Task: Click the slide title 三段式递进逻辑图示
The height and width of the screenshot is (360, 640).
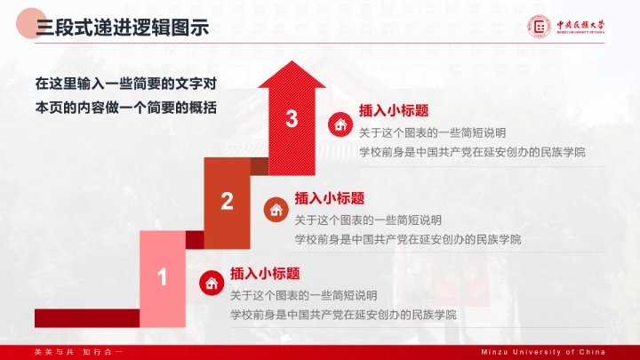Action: pyautogui.click(x=123, y=28)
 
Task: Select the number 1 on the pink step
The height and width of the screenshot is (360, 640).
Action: pyautogui.click(x=162, y=278)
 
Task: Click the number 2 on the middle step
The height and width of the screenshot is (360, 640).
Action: pyautogui.click(x=227, y=202)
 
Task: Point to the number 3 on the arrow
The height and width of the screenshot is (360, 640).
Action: pyautogui.click(x=292, y=119)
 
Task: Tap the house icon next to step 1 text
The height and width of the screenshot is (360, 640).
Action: pyautogui.click(x=212, y=284)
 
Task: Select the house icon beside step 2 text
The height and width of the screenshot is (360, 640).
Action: pyautogui.click(x=276, y=210)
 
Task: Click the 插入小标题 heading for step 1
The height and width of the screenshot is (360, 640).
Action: pyautogui.click(x=265, y=274)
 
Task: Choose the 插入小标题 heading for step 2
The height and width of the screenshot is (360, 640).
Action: pyautogui.click(x=329, y=198)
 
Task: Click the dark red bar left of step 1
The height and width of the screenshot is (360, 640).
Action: pyautogui.click(x=86, y=317)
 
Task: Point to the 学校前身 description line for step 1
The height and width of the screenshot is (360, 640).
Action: pyautogui.click(x=343, y=315)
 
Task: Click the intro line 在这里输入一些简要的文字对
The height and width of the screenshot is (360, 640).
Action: pyautogui.click(x=126, y=84)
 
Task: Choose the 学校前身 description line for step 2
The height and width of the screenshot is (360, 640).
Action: pyautogui.click(x=407, y=239)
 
